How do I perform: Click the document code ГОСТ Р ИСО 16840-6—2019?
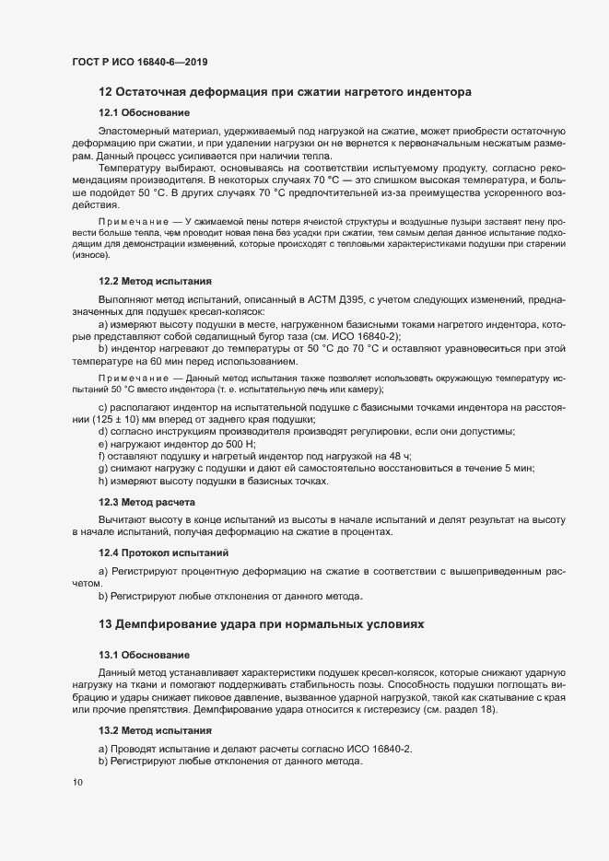(139, 62)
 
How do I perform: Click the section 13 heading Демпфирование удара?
(261, 623)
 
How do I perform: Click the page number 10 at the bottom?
(77, 784)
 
